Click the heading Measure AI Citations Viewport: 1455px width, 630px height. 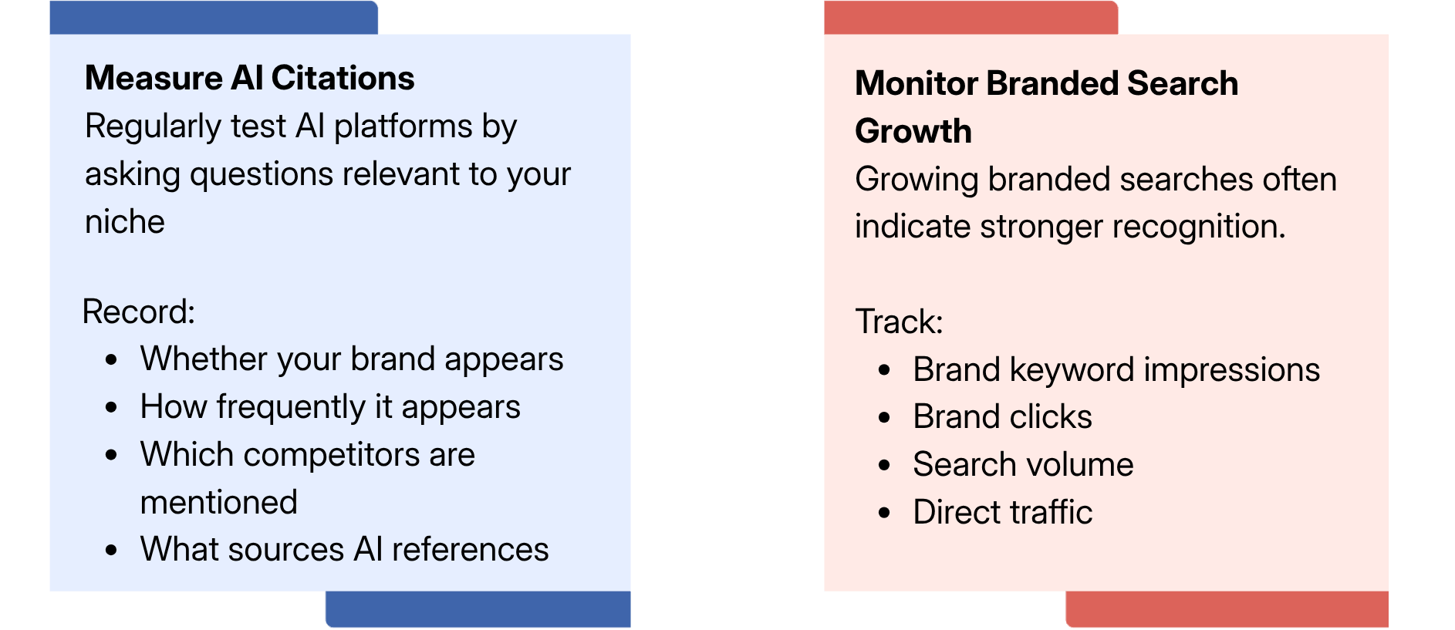point(250,78)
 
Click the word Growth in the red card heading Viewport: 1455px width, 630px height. point(913,131)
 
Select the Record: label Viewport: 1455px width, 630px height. point(139,312)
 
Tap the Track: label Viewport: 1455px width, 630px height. point(900,322)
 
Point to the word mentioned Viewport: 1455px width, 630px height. point(219,503)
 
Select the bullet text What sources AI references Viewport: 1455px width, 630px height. point(344,550)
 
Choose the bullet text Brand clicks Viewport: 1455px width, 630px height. point(1002,417)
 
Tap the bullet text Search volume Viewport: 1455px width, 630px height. point(1023,465)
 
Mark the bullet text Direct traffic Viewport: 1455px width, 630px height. point(1002,512)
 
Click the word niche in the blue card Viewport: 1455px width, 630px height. point(125,222)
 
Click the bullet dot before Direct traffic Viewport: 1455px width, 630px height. point(885,513)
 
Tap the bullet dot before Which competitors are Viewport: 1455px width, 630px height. point(112,455)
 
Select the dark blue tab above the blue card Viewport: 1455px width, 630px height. point(214,18)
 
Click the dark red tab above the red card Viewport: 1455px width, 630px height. point(971,18)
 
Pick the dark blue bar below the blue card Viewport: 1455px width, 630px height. point(478,609)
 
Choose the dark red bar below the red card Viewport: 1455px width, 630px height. point(1227,609)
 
